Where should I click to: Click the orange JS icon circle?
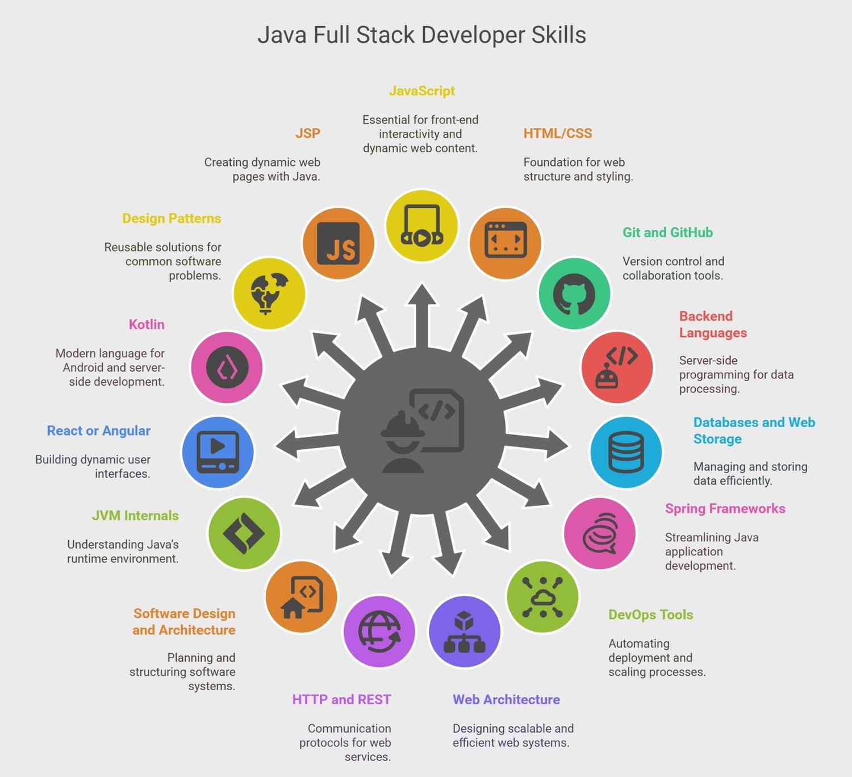[x=339, y=244]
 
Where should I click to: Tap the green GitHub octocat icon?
[x=574, y=294]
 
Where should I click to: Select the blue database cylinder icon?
[x=625, y=452]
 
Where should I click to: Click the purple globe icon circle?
[x=379, y=632]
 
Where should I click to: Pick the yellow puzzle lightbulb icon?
[x=269, y=294]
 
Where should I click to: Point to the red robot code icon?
[x=617, y=367]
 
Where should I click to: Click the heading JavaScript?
[x=422, y=91]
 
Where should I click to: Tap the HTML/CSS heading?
[x=557, y=133]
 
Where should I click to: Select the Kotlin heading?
[x=147, y=324]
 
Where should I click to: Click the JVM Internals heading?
[x=136, y=516]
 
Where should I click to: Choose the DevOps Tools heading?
[x=651, y=615]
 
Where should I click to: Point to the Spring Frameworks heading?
[x=725, y=508]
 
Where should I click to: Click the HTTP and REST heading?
[x=341, y=700]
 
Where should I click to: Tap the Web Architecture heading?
[x=506, y=700]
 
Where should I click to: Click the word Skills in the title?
[x=559, y=35]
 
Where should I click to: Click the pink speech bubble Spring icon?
[x=600, y=533]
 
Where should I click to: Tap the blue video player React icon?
[x=218, y=452]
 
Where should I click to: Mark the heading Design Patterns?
[x=172, y=218]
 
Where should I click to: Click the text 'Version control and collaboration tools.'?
[x=674, y=269]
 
